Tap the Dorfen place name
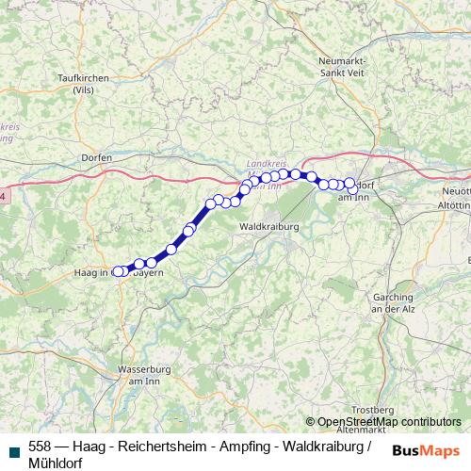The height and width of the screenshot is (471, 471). click(97, 157)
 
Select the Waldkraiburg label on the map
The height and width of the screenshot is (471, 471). click(268, 227)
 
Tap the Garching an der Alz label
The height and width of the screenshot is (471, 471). click(395, 302)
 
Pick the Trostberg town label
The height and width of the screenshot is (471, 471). click(372, 410)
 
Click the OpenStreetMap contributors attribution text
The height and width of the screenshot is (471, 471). click(388, 422)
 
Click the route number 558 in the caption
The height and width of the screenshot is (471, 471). click(40, 446)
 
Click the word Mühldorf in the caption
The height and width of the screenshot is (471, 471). click(56, 463)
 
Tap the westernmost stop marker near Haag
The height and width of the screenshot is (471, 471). click(118, 271)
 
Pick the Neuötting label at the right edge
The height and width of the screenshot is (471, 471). click(456, 191)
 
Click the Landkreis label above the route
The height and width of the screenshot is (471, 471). click(264, 161)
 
